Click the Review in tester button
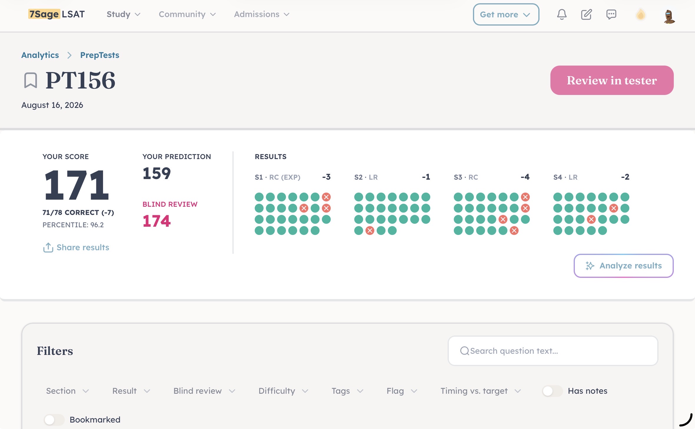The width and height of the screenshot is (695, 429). tap(612, 80)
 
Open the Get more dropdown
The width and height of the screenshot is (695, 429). tap(506, 14)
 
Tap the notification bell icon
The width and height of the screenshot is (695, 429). tap(562, 14)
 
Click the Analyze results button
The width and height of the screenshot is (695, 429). tap(623, 266)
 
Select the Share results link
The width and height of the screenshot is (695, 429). tap(76, 248)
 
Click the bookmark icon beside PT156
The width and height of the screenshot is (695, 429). tap(31, 80)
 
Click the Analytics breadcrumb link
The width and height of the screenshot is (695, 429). tap(40, 55)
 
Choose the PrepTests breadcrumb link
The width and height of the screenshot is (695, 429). tap(100, 55)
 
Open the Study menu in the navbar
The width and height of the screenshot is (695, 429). tap(123, 14)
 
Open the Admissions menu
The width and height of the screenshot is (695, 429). tap(262, 14)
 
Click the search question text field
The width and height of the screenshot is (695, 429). tap(553, 351)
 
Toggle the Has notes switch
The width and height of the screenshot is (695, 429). tap(552, 391)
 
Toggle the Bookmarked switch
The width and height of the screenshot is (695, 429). tap(54, 420)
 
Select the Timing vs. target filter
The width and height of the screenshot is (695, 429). tap(481, 391)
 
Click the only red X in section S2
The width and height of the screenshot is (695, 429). tap(370, 231)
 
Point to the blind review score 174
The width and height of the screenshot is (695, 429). tap(157, 221)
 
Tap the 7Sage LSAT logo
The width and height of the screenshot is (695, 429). tap(57, 14)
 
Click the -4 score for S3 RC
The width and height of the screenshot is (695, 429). tap(525, 177)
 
